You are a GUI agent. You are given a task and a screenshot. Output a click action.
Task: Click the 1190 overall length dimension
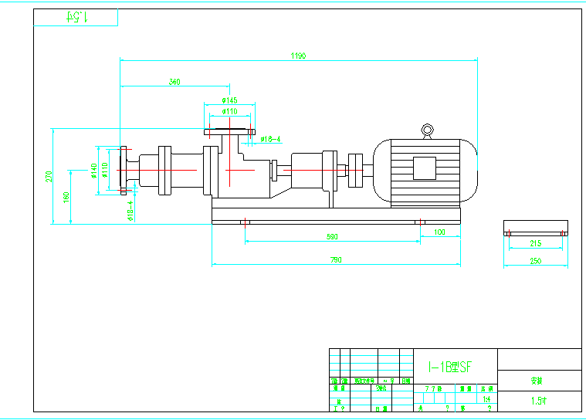pos(298,56)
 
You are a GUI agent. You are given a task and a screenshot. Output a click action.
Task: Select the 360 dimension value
pos(174,81)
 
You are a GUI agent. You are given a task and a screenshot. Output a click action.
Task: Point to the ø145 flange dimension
pos(229,100)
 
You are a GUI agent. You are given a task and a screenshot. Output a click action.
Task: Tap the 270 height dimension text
pos(48,177)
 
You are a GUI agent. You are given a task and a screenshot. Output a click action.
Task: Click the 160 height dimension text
pos(66,197)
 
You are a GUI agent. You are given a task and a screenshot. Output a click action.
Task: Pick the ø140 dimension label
pos(93,170)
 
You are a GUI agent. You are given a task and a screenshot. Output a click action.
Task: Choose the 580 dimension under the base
pos(333,237)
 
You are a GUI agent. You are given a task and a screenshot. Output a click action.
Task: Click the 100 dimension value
pos(439,232)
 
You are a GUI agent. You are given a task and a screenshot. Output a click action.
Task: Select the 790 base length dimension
pos(336,260)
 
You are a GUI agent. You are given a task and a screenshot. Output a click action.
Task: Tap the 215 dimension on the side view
pos(536,243)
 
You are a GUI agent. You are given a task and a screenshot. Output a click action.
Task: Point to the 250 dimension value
pos(536,261)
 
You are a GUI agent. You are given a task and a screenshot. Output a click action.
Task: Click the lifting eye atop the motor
pos(426,130)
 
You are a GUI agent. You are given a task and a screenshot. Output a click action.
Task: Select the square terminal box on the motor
pos(425,168)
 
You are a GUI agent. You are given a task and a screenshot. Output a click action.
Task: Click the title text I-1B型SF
pos(450,368)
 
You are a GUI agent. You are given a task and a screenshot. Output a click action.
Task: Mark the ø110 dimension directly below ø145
pos(229,112)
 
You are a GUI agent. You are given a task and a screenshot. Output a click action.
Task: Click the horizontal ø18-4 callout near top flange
pos(270,140)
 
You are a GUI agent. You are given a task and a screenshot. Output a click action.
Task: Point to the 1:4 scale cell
pos(486,399)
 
